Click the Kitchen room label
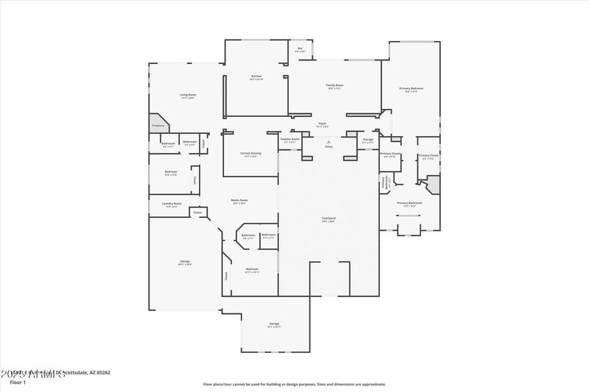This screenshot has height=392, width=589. [256, 76]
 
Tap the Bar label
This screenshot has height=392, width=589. [300, 49]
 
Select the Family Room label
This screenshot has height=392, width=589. [335, 85]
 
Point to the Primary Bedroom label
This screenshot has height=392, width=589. [412, 89]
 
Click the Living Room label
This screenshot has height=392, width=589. [188, 95]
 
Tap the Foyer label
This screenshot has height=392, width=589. [322, 124]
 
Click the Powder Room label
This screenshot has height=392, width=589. [290, 139]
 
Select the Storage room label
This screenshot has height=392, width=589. [368, 139]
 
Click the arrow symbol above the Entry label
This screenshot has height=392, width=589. [328, 141]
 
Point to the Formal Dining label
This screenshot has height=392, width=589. [250, 154]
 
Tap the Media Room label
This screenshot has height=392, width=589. [239, 201]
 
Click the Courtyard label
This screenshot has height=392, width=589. [328, 218]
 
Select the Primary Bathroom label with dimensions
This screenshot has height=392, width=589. [410, 204]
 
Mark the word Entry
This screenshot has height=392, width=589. [328, 147]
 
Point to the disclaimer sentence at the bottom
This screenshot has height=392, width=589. [294, 383]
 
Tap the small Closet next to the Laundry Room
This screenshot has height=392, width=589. [197, 213]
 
